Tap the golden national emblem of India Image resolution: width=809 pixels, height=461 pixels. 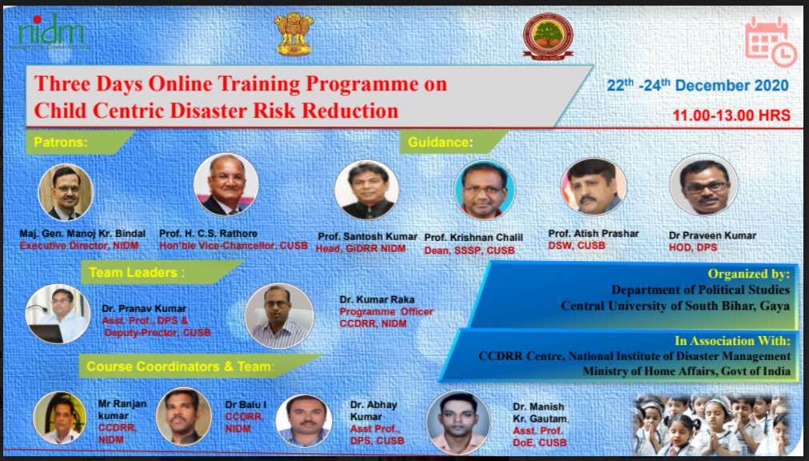pos(294,34)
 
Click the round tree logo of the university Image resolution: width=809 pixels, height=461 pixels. pos(548,36)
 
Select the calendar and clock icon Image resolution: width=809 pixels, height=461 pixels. pos(771,42)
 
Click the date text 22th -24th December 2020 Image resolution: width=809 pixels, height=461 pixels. pos(698,85)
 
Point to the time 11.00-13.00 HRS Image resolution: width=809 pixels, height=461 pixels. pos(731,115)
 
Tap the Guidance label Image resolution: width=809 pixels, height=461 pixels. pos(440,142)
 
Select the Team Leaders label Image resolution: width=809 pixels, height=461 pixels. pos(137,273)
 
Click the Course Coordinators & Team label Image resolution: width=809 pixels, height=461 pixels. pos(180,367)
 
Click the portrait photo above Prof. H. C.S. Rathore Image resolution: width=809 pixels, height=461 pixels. pos(226,184)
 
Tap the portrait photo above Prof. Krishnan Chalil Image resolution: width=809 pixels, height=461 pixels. pos(484,190)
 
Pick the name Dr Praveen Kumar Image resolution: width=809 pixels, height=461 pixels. pos(712,235)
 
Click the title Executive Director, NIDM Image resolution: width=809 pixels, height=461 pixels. pos(79,247)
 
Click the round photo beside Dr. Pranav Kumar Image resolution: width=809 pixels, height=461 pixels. pos(58,314)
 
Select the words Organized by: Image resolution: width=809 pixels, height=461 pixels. pos(749,274)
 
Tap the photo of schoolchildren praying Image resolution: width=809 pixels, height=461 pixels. pos(712,424)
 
